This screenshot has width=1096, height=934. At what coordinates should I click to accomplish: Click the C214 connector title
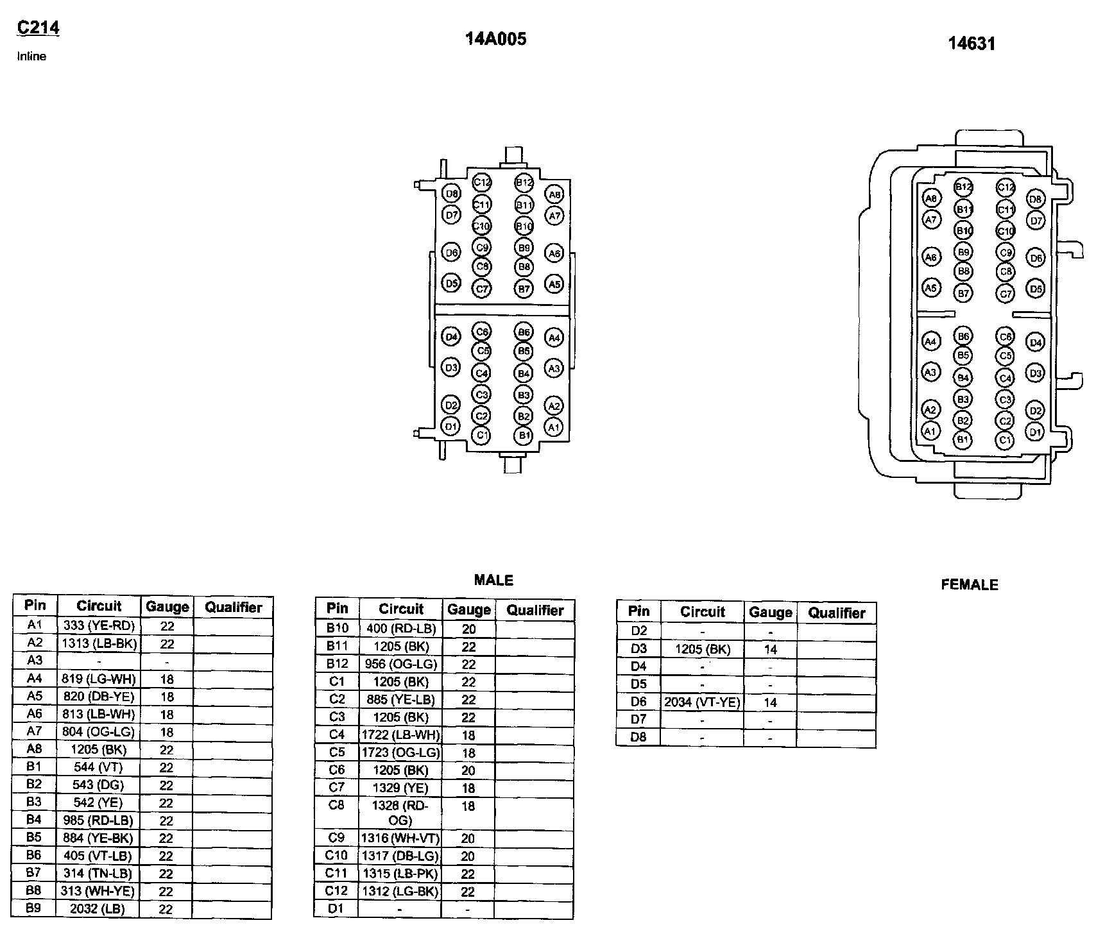38,28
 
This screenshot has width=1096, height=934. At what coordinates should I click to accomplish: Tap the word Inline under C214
31,56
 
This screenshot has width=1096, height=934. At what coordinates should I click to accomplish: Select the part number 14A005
495,39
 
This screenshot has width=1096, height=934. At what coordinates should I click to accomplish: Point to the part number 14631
972,44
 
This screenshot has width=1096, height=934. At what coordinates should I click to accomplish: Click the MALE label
493,580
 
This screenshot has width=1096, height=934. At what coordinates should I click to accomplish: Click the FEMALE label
970,584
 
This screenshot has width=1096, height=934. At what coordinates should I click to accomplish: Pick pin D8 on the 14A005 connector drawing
452,194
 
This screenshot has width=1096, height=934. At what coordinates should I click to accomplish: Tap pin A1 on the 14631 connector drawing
930,431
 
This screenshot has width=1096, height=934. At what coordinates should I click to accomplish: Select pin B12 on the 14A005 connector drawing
524,183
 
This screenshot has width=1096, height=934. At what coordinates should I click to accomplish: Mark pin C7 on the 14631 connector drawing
1006,294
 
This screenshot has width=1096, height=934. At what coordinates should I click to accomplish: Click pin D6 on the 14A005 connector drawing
452,253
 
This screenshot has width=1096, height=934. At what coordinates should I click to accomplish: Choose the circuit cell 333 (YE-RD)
99,626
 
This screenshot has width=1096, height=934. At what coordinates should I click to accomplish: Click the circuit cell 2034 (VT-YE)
702,702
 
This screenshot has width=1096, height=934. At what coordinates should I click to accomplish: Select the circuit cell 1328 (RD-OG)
400,813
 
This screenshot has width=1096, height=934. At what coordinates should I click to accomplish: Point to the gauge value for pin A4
167,679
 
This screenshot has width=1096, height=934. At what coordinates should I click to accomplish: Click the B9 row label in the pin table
35,908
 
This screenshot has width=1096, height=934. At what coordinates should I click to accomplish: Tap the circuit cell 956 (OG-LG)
400,665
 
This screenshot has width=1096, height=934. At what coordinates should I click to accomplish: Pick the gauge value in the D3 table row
770,649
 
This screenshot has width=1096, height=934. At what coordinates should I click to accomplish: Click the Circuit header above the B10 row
400,609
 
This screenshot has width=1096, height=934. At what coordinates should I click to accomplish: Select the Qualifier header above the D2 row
837,613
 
